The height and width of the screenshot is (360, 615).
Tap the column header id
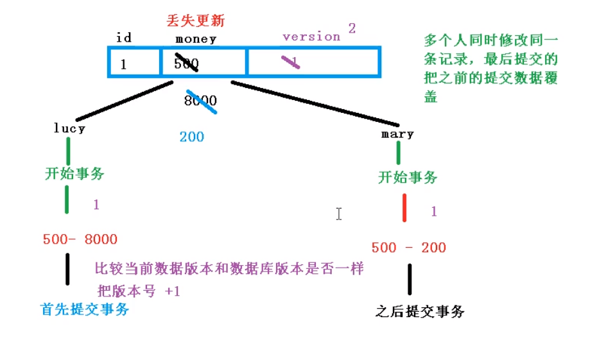click(124, 38)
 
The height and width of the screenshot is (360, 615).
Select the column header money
click(196, 39)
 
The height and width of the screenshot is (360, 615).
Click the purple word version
click(311, 37)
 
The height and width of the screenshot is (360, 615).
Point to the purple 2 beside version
click(352, 28)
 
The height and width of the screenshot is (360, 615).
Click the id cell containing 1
click(123, 64)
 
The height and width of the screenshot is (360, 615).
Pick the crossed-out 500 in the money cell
click(186, 63)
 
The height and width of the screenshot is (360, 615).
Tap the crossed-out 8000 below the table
click(200, 101)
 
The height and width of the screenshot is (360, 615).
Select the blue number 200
click(192, 136)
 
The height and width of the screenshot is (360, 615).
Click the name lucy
click(69, 128)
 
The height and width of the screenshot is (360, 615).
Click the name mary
click(397, 134)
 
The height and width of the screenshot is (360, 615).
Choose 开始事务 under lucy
click(74, 173)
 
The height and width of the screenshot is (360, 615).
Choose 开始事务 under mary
click(408, 177)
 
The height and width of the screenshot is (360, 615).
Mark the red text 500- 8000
click(80, 239)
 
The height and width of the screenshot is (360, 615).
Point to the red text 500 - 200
click(408, 248)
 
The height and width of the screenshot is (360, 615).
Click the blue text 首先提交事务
click(85, 309)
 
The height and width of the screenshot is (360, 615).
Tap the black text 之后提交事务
click(419, 312)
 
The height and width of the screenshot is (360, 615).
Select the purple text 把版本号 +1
click(139, 291)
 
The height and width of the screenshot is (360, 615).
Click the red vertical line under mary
click(404, 207)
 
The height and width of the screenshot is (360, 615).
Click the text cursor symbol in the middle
click(338, 214)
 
